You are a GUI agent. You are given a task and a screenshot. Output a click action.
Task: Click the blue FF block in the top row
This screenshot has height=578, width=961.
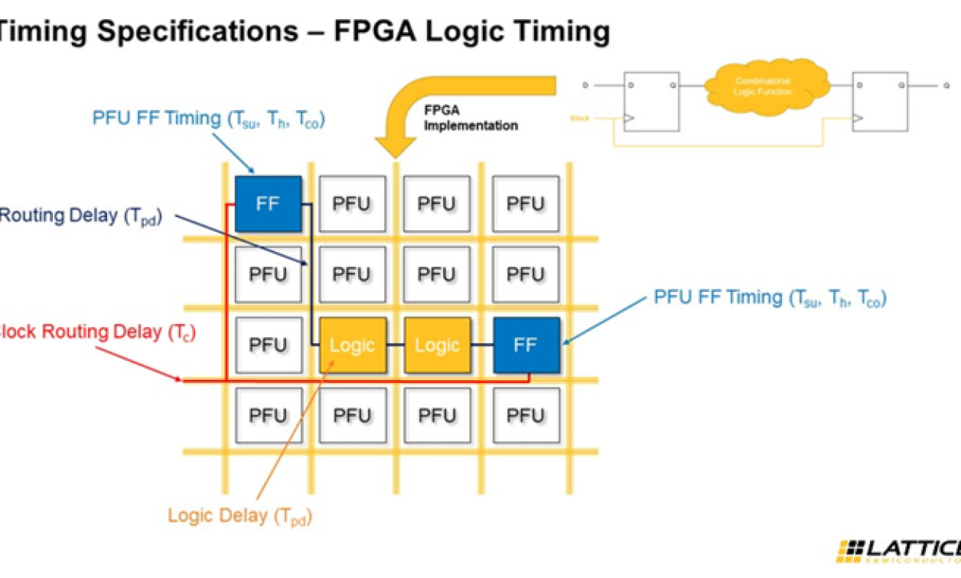tap(268, 203)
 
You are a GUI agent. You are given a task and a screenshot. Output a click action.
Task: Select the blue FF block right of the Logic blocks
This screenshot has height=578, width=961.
tap(526, 345)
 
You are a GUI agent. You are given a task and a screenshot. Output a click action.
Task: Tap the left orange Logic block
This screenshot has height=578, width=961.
tap(352, 345)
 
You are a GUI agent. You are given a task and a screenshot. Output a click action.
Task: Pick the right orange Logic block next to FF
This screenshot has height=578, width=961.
tap(437, 345)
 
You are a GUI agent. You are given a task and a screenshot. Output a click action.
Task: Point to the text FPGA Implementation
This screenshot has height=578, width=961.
tap(471, 119)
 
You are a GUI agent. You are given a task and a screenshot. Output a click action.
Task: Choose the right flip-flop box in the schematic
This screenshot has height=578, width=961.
tap(880, 102)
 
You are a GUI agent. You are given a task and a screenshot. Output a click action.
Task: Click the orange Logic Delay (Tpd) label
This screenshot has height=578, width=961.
tap(239, 515)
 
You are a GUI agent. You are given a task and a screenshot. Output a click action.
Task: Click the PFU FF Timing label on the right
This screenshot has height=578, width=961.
tap(770, 297)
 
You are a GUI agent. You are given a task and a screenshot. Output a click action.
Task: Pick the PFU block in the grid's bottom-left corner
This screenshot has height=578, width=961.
tap(268, 415)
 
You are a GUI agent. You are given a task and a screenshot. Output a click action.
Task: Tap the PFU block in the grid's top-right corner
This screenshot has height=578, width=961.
tap(526, 203)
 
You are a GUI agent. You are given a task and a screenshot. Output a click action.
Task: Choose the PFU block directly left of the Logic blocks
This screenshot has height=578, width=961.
tap(268, 345)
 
